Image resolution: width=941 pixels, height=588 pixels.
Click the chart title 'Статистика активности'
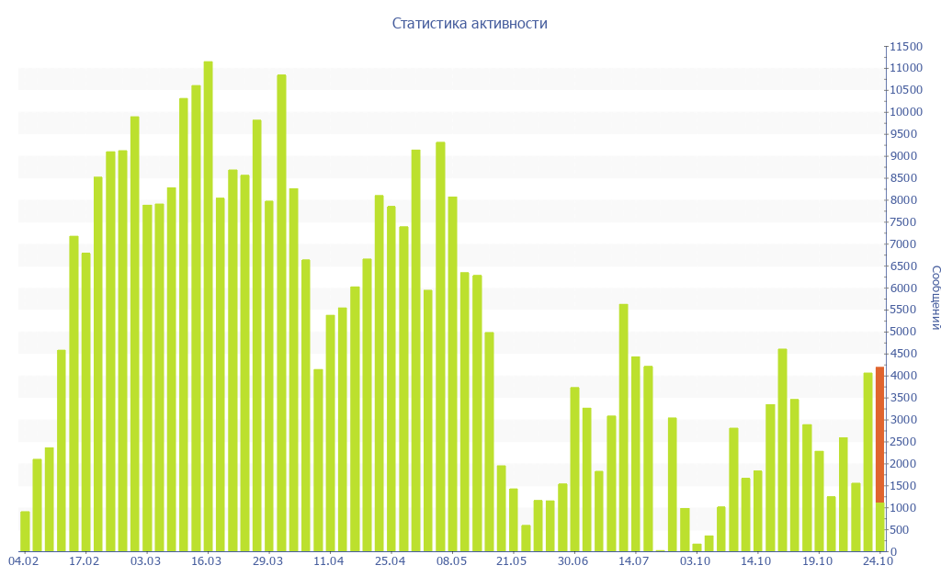point(470,24)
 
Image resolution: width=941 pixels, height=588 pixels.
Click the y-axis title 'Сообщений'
point(935,298)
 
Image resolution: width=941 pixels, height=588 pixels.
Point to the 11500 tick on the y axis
point(904,46)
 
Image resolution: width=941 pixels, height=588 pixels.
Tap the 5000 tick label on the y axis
point(904,332)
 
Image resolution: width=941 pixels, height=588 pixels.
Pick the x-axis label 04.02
point(23,561)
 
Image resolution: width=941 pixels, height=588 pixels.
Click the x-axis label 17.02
point(85,561)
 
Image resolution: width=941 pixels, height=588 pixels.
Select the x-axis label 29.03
point(267,561)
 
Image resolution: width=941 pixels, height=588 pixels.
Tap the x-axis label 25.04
point(390,561)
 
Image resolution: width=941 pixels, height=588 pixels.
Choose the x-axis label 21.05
point(512,561)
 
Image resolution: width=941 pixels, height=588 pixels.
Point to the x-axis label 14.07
point(634,561)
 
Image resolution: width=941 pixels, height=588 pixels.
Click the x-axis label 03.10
point(695,561)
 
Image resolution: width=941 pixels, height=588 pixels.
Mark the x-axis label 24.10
point(879,561)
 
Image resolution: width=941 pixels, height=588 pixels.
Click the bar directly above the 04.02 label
point(25,531)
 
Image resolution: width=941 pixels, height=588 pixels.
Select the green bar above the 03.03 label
point(147,378)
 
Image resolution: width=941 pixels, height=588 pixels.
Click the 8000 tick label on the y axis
point(904,200)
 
